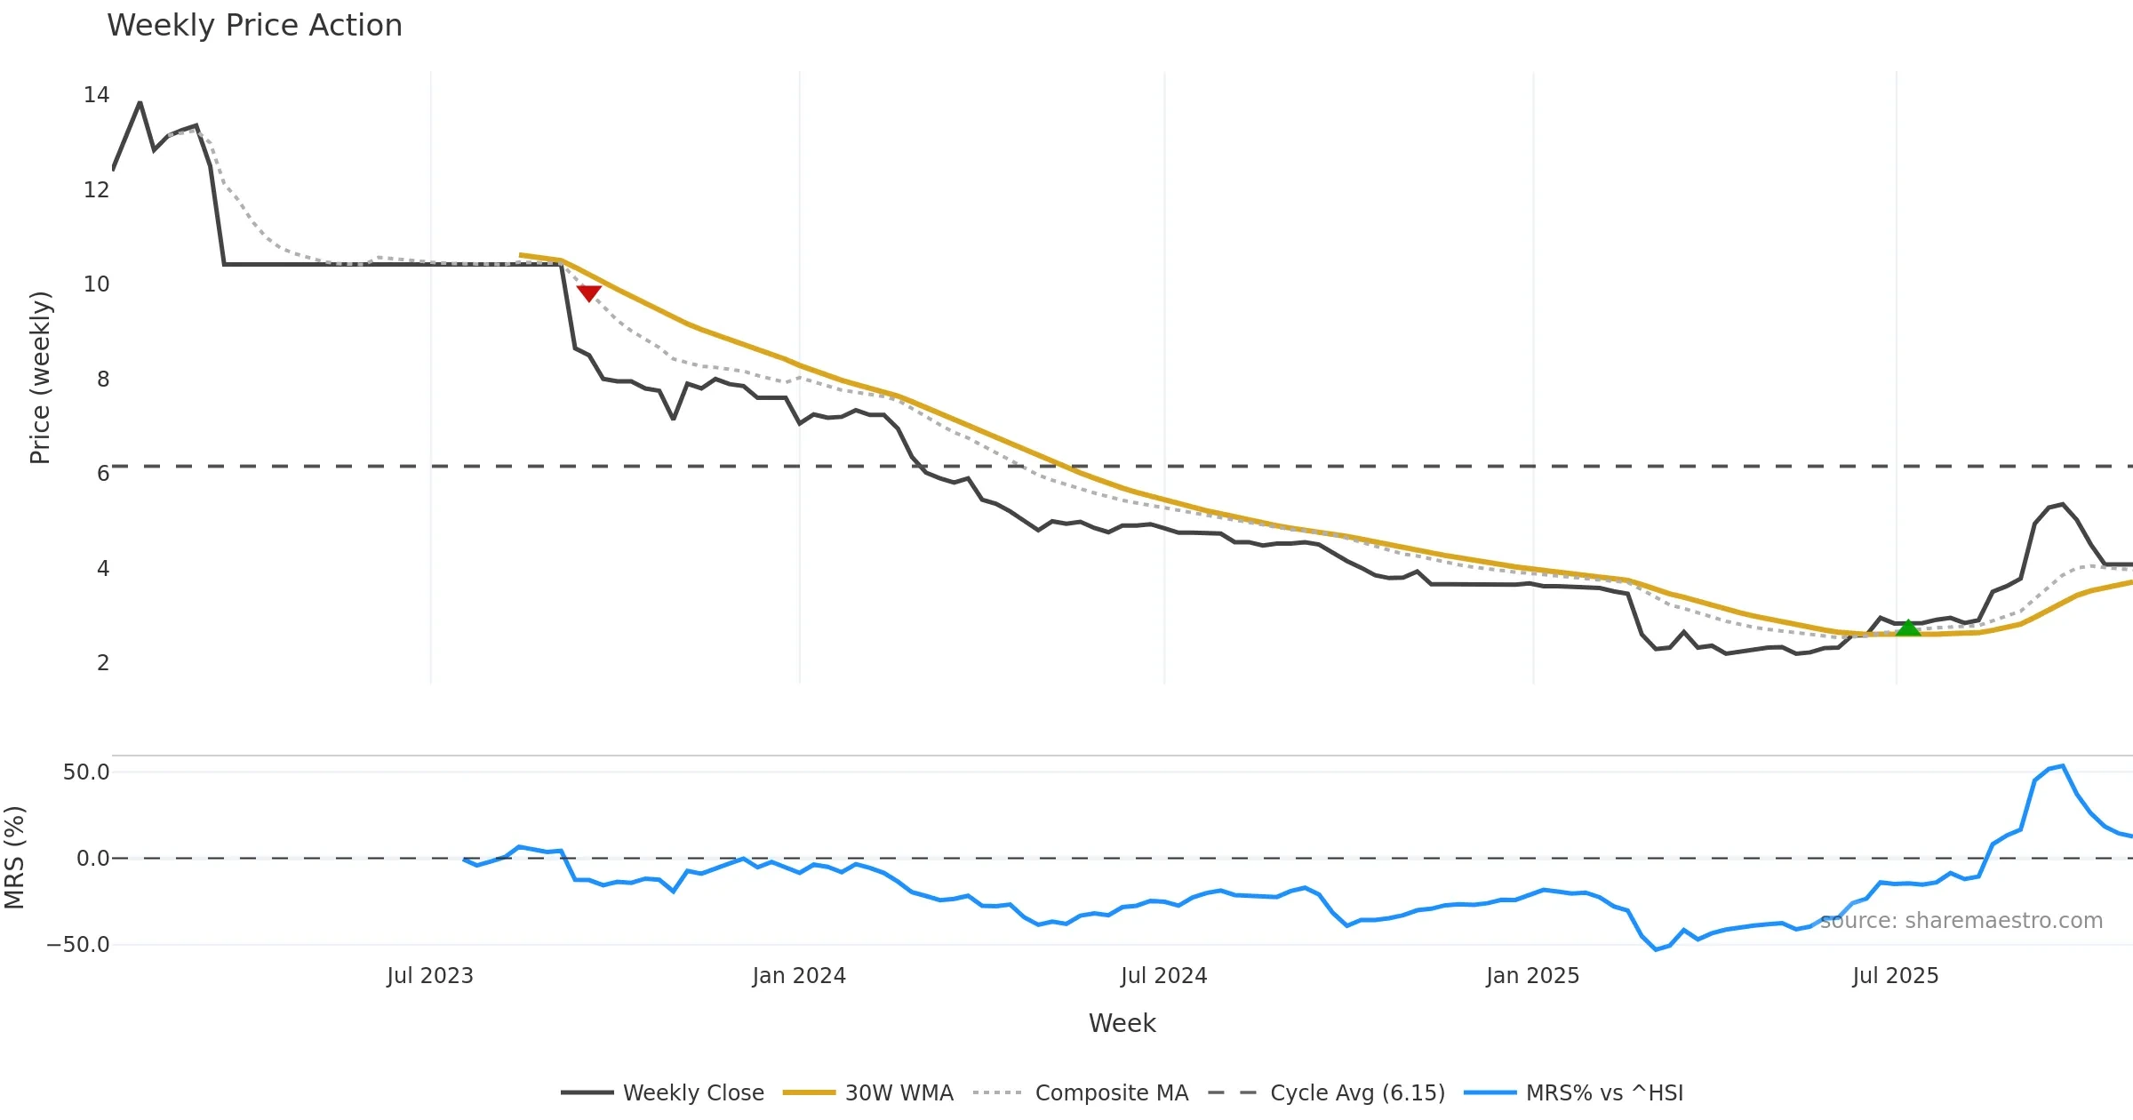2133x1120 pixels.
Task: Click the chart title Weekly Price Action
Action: [x=254, y=26]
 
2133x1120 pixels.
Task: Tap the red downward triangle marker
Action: [x=588, y=293]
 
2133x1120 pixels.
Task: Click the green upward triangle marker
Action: [x=1908, y=628]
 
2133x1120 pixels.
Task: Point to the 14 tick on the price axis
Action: [x=96, y=95]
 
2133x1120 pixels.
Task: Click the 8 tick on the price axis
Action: [x=103, y=380]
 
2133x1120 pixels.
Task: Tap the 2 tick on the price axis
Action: [x=103, y=663]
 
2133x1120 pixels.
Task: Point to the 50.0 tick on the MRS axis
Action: [x=86, y=772]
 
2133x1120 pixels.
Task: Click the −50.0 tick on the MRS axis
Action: [x=78, y=945]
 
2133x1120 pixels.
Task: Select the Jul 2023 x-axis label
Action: [x=430, y=976]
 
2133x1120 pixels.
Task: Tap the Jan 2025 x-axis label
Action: [x=1532, y=976]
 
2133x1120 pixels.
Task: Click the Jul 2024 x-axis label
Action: [x=1163, y=976]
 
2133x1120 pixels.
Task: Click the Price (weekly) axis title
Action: [x=40, y=378]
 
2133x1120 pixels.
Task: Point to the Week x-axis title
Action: [x=1122, y=1024]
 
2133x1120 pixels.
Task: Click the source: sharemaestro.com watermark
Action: [x=1961, y=921]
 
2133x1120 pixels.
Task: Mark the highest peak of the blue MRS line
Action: [x=2063, y=765]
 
